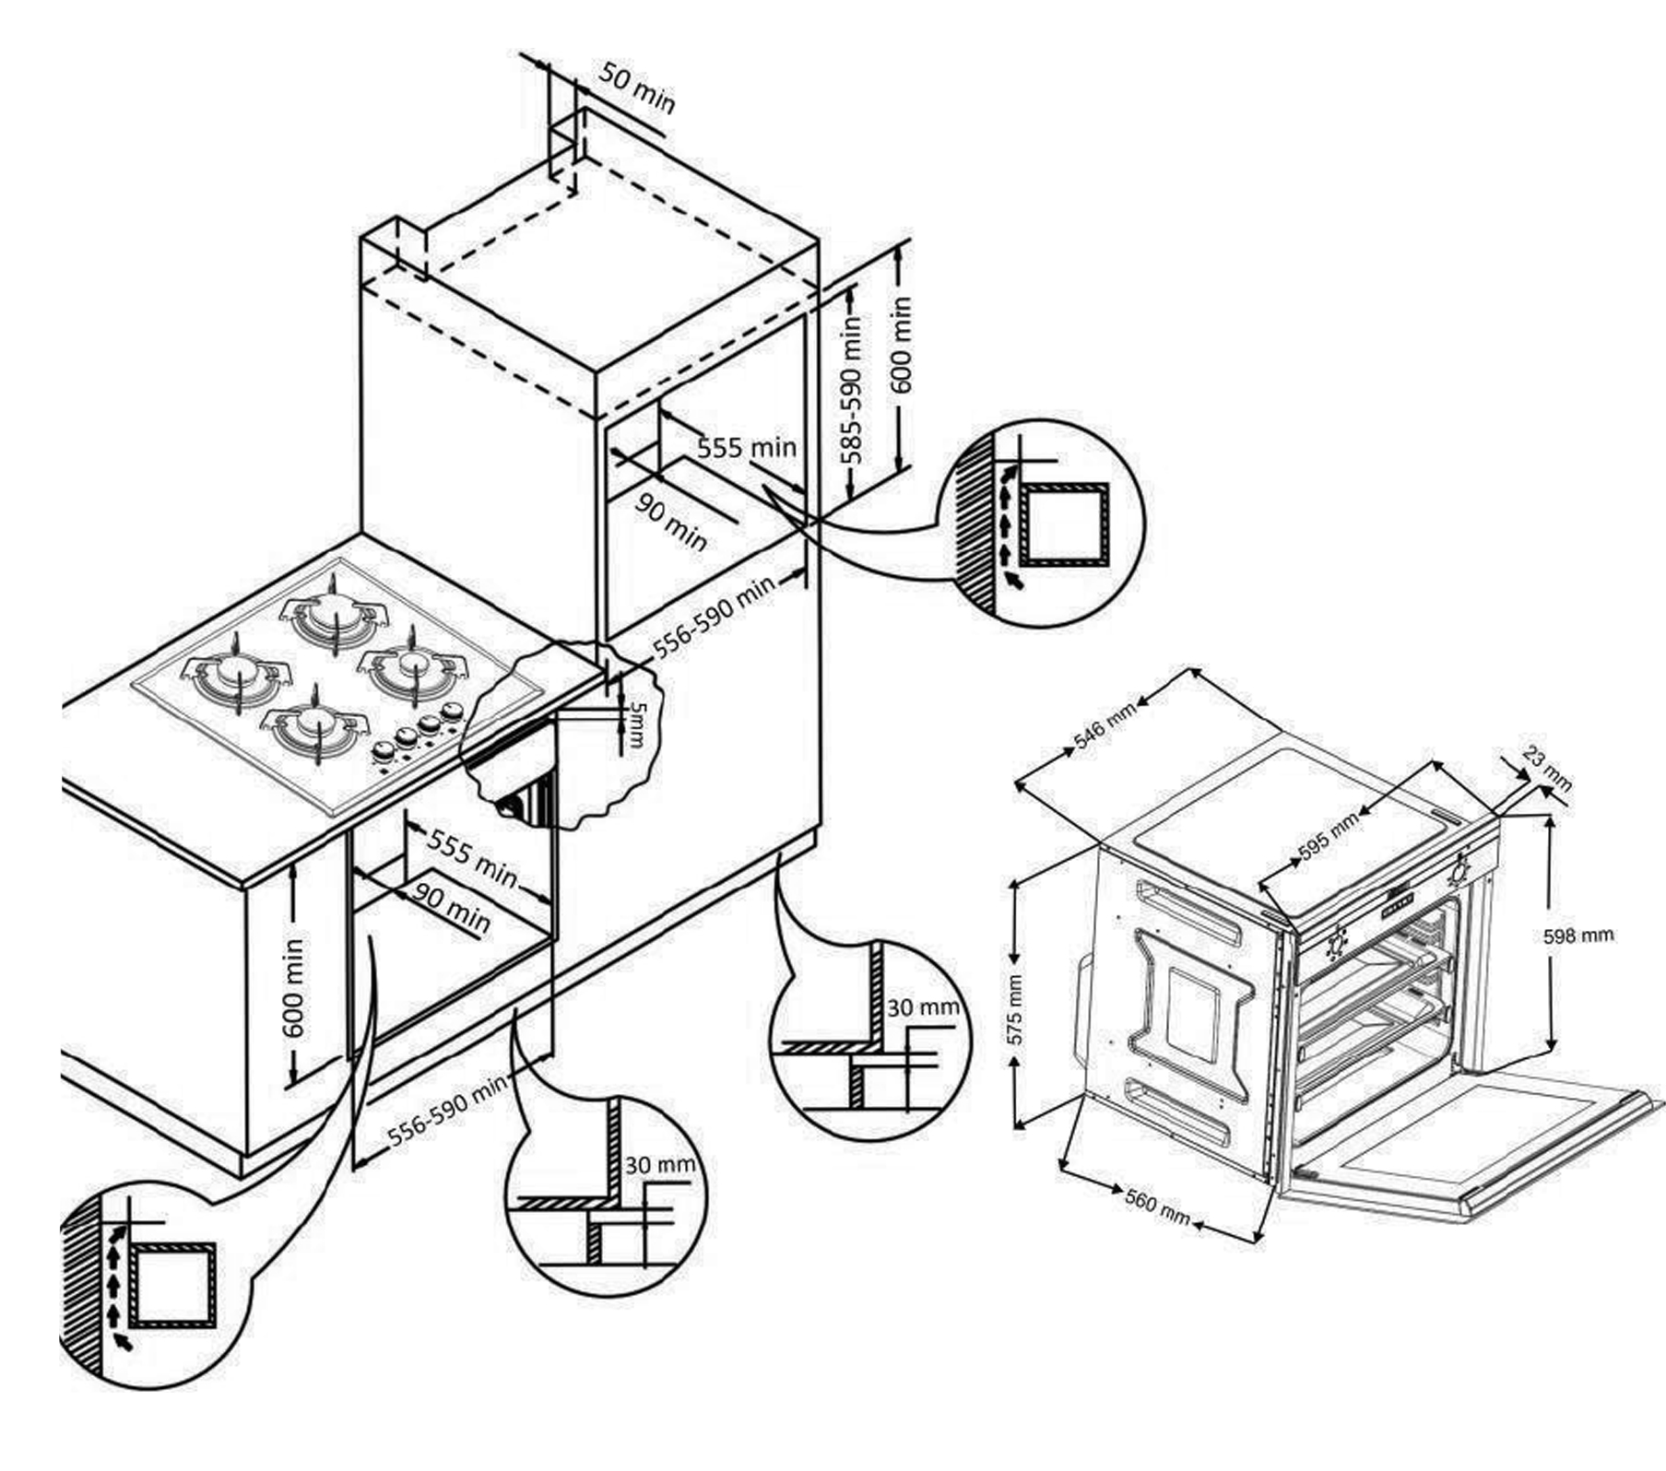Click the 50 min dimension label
[x=637, y=88]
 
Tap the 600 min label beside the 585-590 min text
[x=901, y=345]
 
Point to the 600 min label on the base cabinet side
[x=294, y=987]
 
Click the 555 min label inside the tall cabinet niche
[x=747, y=448]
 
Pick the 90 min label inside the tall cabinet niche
[x=672, y=521]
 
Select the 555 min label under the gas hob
[x=472, y=858]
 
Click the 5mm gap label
[x=636, y=724]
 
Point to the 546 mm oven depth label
[x=1105, y=724]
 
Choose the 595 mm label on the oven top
[x=1329, y=837]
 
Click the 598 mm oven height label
[x=1578, y=936]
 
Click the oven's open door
[x=1466, y=1143]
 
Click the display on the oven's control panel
[x=1400, y=902]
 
